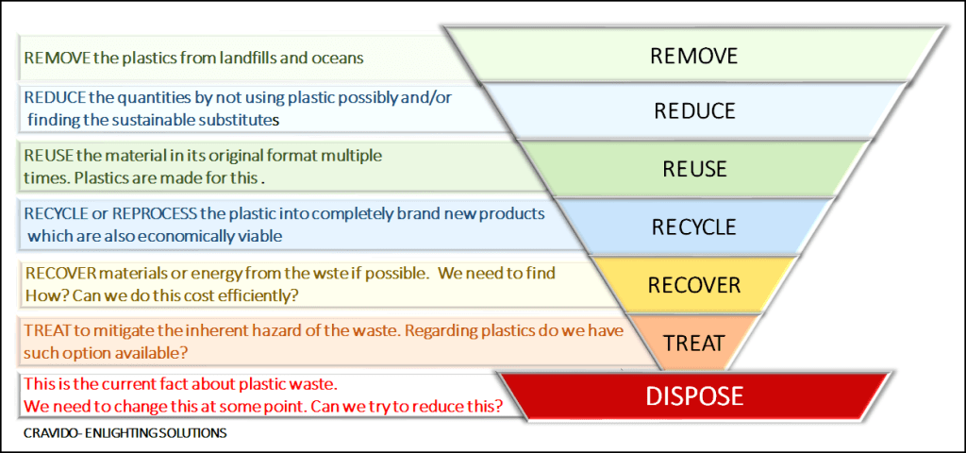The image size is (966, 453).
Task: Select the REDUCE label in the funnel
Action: click(694, 111)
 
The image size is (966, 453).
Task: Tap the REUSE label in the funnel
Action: click(695, 170)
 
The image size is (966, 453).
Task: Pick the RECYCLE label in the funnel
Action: click(694, 227)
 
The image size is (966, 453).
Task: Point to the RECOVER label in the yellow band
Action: click(694, 284)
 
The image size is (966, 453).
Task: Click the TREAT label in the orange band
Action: click(694, 342)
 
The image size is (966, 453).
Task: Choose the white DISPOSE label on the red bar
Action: click(694, 394)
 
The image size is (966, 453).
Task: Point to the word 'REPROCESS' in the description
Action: click(147, 213)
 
